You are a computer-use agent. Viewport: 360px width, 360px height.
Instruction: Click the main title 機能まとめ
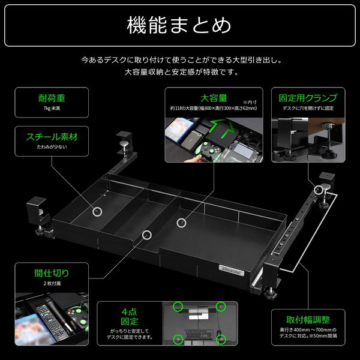[179, 26]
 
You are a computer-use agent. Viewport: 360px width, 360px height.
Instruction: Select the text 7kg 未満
[51, 109]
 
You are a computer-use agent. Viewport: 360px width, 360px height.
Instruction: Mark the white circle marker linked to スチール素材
[97, 211]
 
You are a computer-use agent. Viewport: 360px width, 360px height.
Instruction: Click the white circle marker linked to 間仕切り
[146, 235]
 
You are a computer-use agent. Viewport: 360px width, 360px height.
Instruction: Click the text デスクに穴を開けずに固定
[308, 109]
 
